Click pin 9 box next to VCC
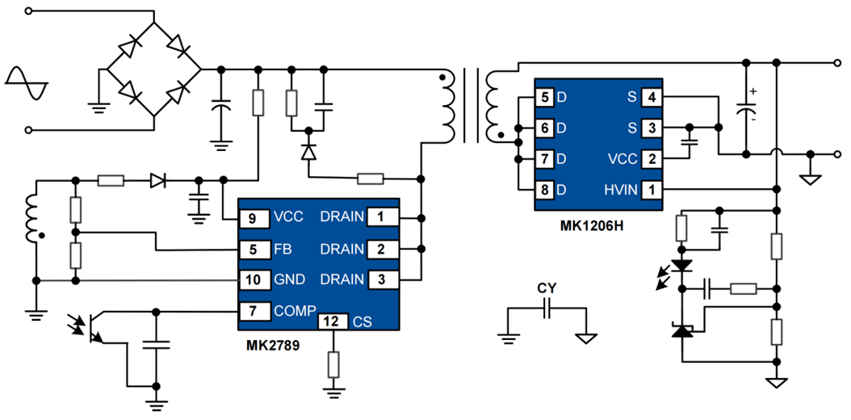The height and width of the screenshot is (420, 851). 253,217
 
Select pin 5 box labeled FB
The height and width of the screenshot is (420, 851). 253,249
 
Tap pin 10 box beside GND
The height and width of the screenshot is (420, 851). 253,279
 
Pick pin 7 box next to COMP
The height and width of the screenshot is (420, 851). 253,310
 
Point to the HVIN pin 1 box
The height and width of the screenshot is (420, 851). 652,190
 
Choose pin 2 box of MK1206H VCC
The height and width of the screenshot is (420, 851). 652,159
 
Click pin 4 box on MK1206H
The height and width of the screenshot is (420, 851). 652,97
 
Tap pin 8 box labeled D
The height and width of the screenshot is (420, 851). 546,190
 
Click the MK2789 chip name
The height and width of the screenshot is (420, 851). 273,346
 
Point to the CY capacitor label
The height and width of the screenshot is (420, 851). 547,288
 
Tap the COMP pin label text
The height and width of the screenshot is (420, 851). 291,310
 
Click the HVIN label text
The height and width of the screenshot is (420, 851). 620,190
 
